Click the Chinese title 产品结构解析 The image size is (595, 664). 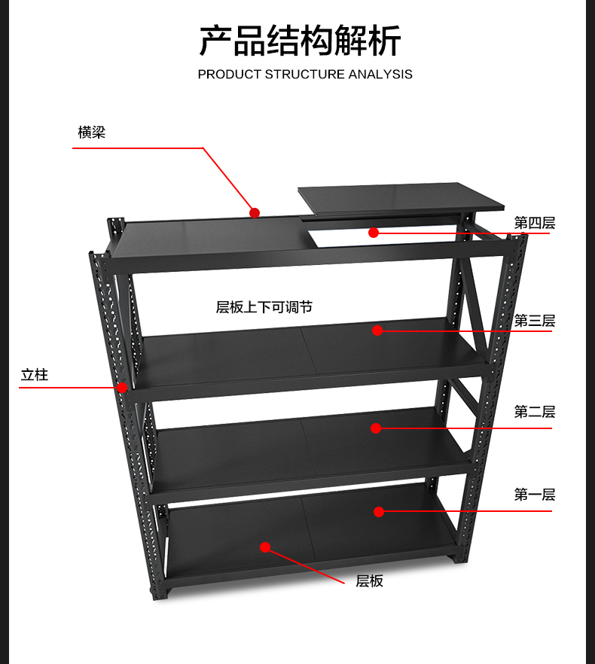coord(300,41)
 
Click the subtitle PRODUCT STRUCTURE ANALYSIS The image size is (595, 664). coord(305,74)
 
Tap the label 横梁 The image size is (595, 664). coord(92,132)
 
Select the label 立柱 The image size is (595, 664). coord(35,375)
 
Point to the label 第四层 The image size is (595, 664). coord(535,223)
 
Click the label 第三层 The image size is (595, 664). coord(535,321)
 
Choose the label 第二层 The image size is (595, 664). coord(535,412)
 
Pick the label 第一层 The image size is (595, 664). coord(535,495)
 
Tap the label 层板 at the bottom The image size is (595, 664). coord(370,581)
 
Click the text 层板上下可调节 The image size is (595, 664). coord(264,307)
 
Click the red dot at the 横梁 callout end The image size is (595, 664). coord(255,212)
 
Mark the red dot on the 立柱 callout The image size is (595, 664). coord(122,388)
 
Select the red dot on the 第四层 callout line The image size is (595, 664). coord(374,233)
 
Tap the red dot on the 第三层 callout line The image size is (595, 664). coord(377,330)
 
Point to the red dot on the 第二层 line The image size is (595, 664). coord(376,428)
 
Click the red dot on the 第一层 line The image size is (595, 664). coord(379,512)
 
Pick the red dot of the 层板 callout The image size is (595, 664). coord(265,547)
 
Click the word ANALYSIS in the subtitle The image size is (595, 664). coord(380,74)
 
